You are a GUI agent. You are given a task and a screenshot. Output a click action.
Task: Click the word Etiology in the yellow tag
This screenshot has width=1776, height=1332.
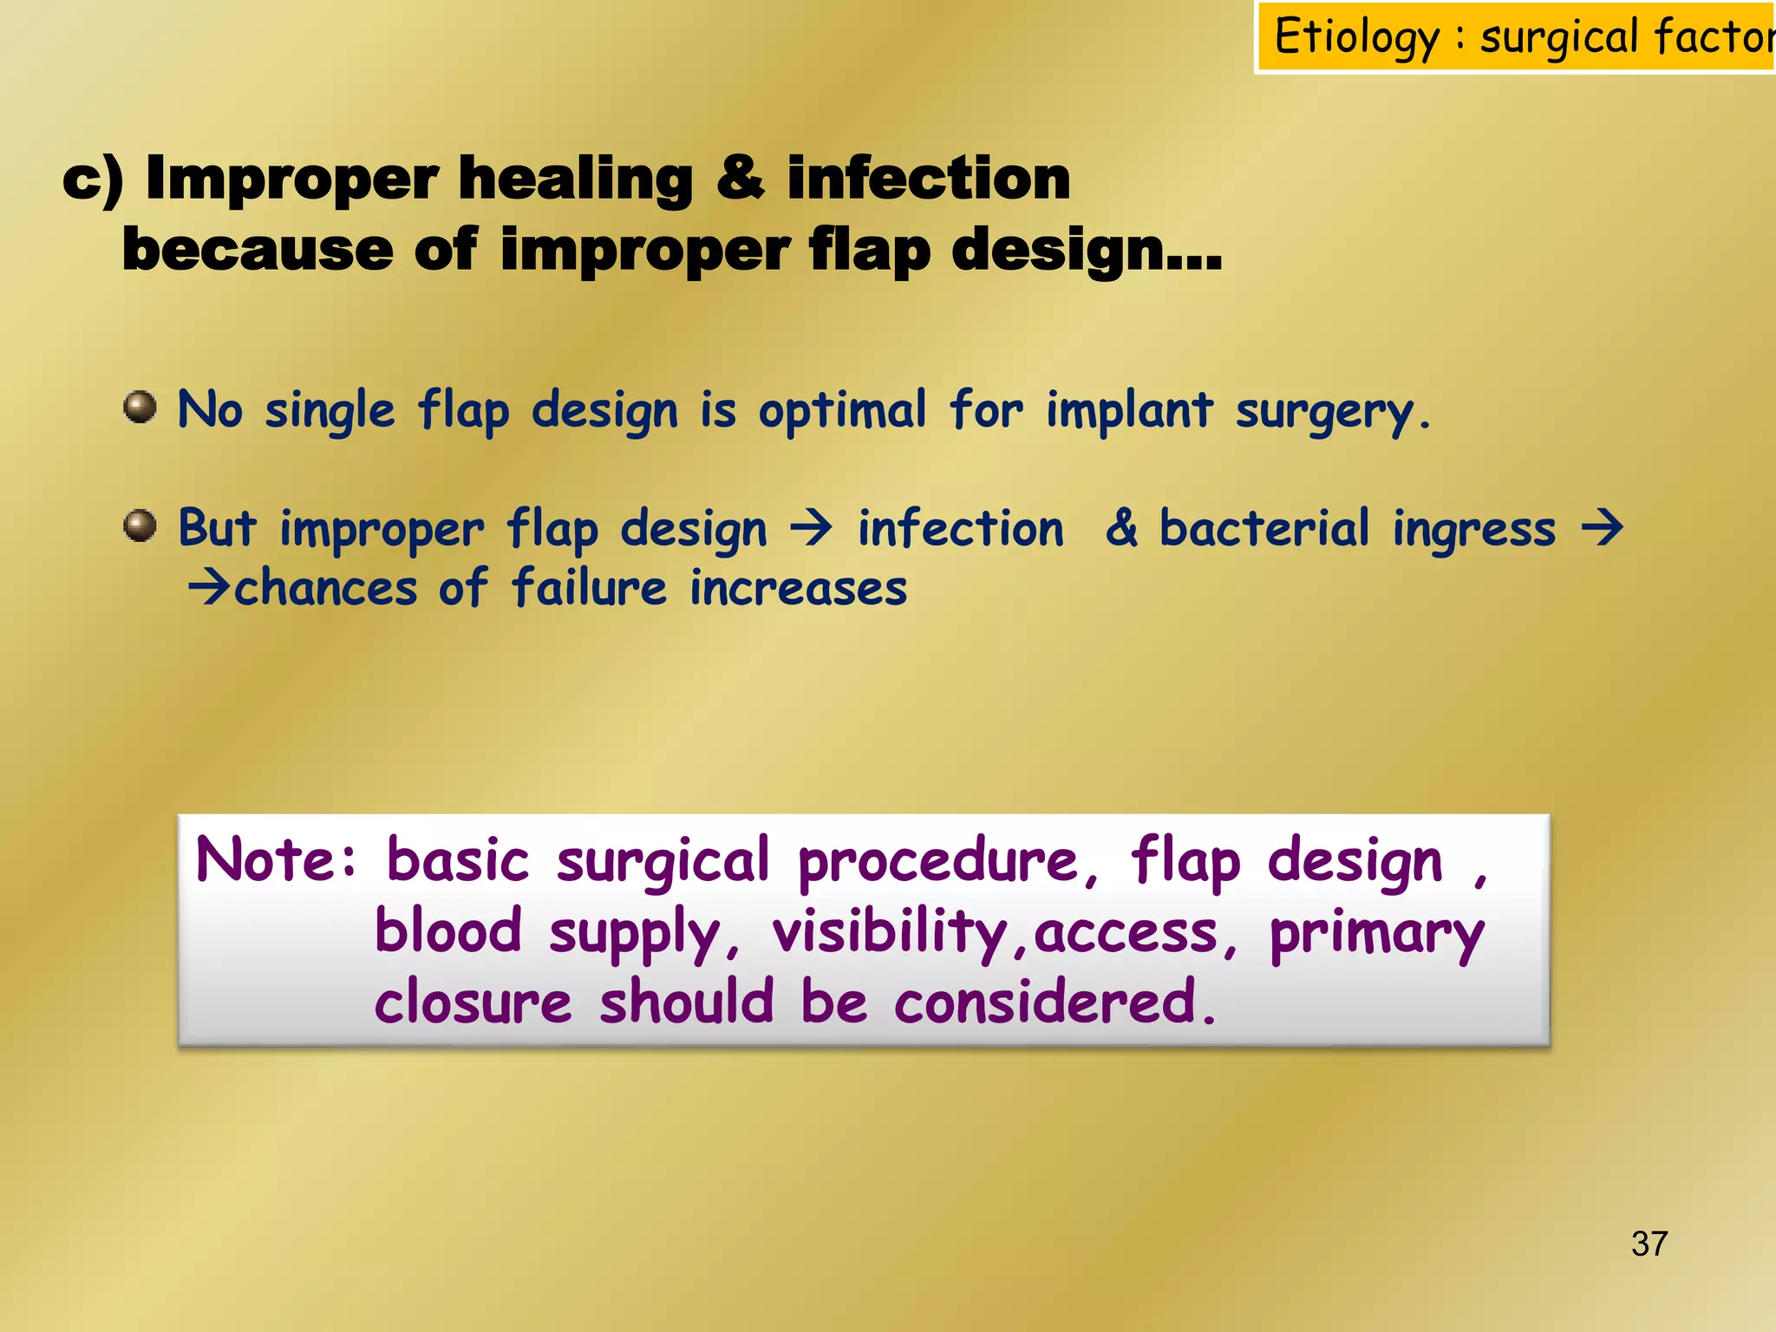(x=1355, y=38)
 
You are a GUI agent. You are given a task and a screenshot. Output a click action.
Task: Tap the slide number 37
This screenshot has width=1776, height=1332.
(x=1649, y=1244)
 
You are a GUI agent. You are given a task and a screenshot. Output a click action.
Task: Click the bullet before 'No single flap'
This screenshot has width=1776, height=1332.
(x=140, y=407)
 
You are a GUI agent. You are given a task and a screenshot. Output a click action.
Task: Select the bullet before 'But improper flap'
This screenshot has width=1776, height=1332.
(x=140, y=526)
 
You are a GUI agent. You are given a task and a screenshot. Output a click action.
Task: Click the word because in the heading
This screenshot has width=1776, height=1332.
(x=258, y=250)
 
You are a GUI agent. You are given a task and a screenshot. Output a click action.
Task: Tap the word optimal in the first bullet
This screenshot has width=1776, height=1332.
(x=842, y=409)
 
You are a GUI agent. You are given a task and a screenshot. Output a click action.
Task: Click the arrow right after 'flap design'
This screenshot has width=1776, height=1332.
(x=812, y=527)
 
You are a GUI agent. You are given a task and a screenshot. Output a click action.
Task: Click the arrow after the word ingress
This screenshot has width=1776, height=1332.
(x=1602, y=527)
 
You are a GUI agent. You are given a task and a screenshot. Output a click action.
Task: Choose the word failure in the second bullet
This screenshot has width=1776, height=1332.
(x=589, y=587)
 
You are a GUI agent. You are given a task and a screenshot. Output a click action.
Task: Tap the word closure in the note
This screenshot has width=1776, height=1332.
(x=473, y=1002)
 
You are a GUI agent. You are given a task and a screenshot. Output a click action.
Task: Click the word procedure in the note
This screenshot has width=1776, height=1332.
(x=937, y=861)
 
